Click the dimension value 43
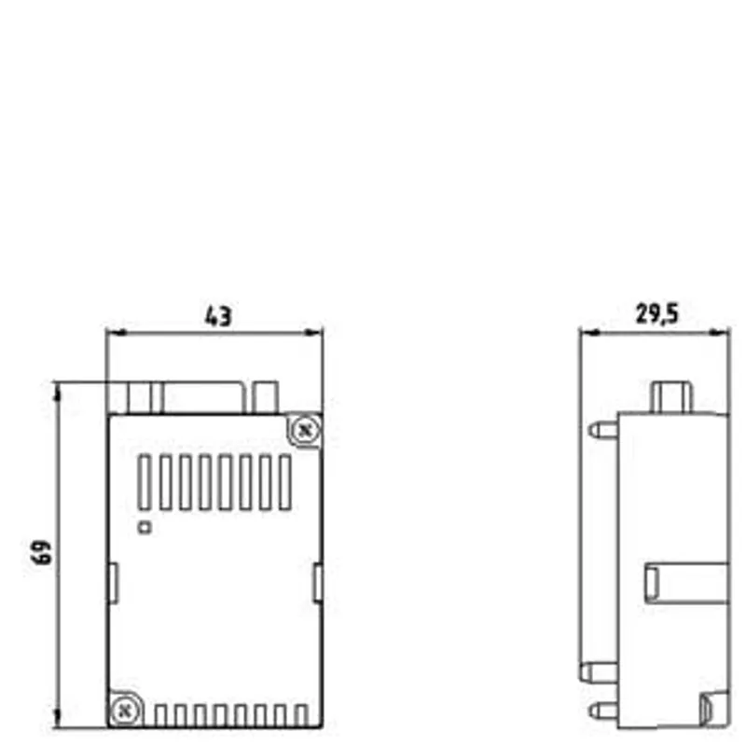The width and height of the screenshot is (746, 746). pos(218,316)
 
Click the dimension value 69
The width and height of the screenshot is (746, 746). pos(41,552)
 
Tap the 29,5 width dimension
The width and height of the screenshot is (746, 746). pos(656,314)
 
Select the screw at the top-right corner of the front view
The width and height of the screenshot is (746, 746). pos(305,431)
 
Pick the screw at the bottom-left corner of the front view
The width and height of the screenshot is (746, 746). pos(124,711)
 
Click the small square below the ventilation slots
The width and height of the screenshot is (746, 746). pos(145,527)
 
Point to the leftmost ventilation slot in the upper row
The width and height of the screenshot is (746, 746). pos(145,482)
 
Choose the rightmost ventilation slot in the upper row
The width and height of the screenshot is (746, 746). pos(285,482)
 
